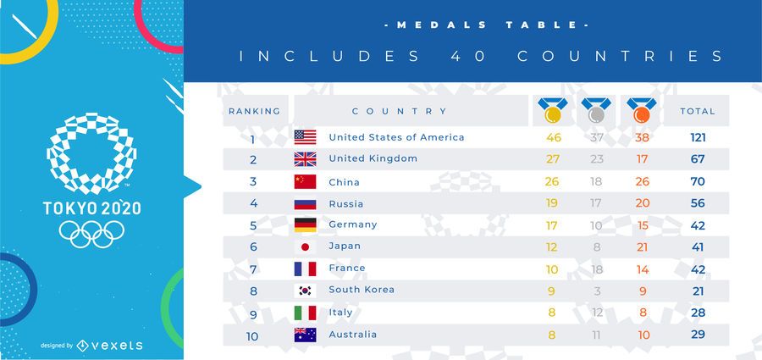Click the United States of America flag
coord(305,137)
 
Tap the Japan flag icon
coord(305,246)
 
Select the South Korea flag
coord(305,290)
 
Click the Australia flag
coord(305,335)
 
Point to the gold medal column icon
coord(553,110)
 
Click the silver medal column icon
coord(596,110)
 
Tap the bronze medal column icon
coord(641,110)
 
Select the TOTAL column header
coord(698,111)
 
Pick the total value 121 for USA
coord(698,137)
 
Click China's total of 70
coord(698,181)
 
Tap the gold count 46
coord(554,137)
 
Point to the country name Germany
coord(352,224)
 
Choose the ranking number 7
coord(252,269)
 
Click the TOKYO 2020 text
coord(91,208)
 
